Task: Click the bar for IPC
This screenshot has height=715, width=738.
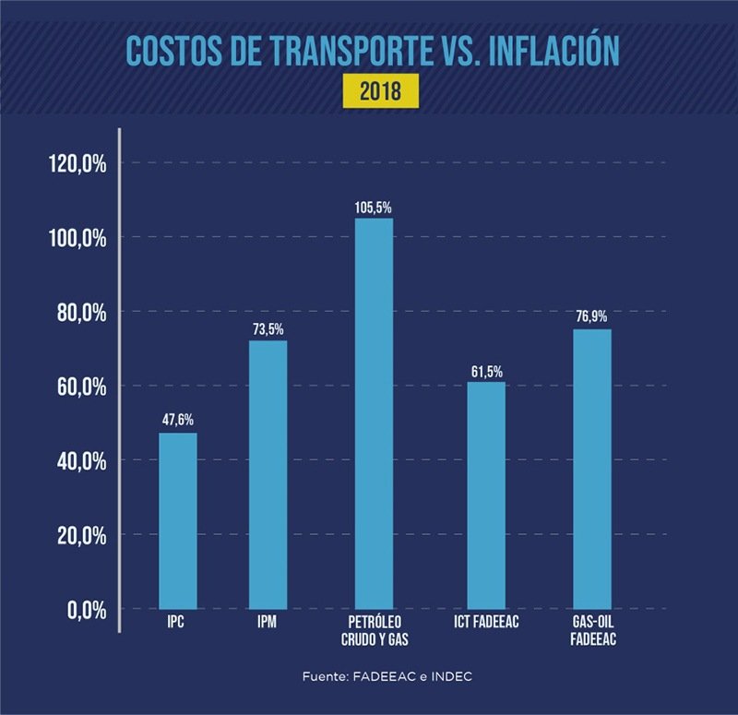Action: (177, 520)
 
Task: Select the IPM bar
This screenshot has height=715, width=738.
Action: (268, 474)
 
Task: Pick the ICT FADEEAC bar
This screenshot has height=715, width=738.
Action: (486, 495)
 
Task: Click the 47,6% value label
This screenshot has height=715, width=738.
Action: (177, 420)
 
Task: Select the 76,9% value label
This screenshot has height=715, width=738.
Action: (591, 316)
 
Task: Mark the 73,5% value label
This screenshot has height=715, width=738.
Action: (268, 328)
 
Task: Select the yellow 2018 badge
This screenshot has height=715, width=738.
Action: (374, 92)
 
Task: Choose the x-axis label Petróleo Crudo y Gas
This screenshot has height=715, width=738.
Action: (373, 631)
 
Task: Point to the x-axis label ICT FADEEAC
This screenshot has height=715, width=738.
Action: (486, 623)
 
